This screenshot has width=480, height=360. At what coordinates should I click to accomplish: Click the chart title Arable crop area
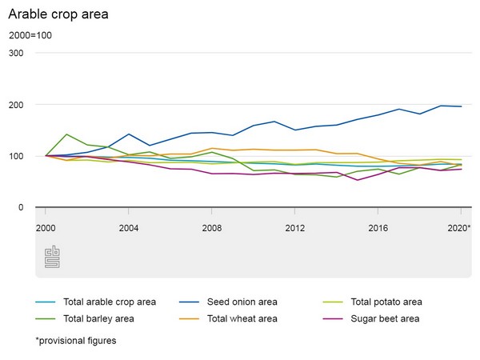[x=58, y=14]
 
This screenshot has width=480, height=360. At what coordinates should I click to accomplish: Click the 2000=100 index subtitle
[x=31, y=36]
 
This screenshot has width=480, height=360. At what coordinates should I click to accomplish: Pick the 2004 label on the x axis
[x=128, y=227]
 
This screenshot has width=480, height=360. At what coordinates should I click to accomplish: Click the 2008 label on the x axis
[x=211, y=227]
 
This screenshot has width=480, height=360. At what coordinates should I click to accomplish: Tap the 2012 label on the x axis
[x=294, y=227]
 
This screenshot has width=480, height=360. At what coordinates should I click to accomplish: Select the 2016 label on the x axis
[x=378, y=227]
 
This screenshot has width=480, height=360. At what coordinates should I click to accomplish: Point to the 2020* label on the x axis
[x=458, y=227]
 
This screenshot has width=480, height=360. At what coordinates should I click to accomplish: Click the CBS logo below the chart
[x=52, y=257]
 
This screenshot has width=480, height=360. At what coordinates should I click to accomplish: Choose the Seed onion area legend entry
[x=240, y=302]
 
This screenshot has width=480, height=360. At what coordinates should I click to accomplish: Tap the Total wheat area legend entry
[x=241, y=318]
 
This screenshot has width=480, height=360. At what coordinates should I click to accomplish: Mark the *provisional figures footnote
[x=76, y=340]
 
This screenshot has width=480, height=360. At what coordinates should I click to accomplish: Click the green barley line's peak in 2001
[x=66, y=134]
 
